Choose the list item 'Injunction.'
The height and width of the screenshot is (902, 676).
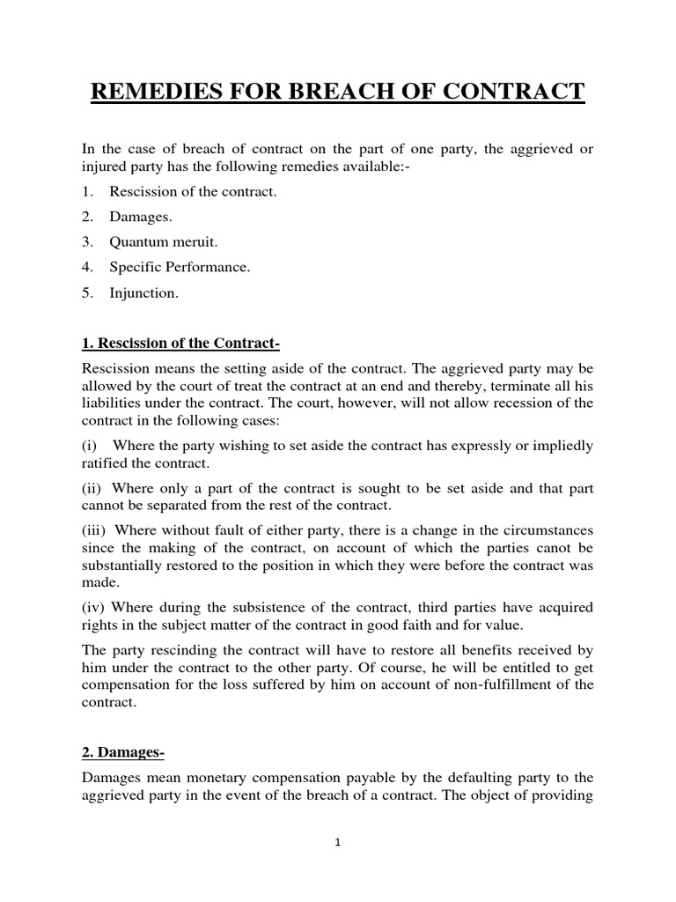pyautogui.click(x=143, y=293)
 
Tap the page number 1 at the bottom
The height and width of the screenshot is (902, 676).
pyautogui.click(x=337, y=842)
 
